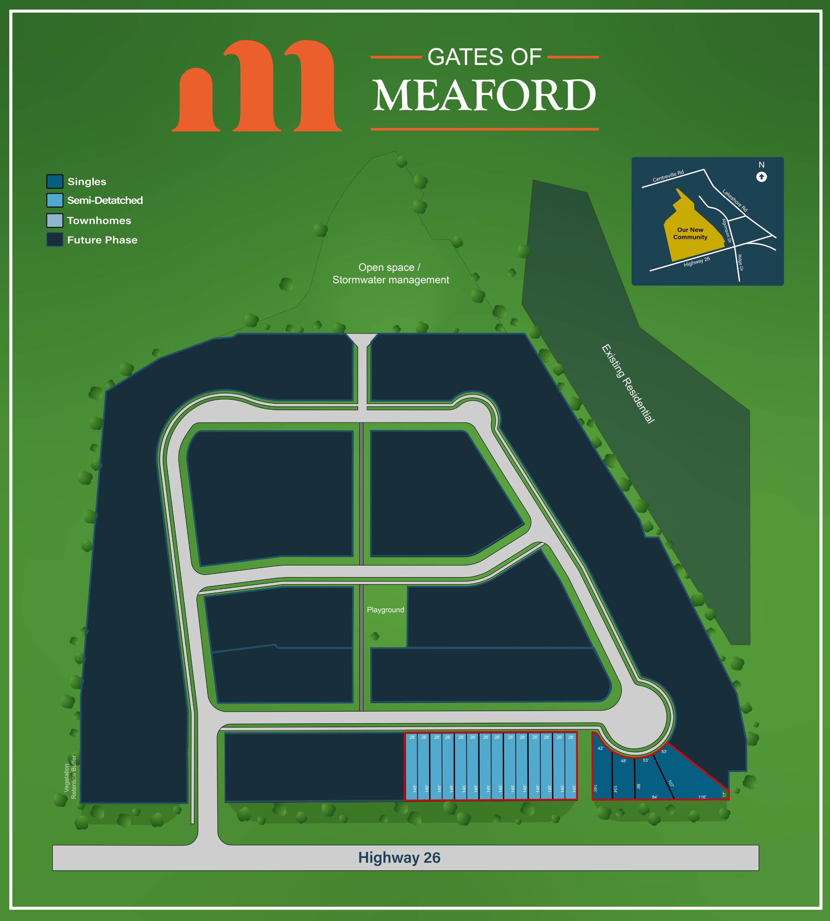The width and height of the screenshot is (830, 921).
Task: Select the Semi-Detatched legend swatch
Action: tap(55, 200)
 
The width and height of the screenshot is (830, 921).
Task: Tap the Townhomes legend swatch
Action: tap(55, 220)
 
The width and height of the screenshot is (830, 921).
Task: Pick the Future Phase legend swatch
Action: tap(55, 240)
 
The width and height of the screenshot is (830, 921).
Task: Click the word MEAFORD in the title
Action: tap(484, 96)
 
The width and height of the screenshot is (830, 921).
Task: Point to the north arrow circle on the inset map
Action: tap(761, 177)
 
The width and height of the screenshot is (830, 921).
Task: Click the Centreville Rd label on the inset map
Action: tap(668, 176)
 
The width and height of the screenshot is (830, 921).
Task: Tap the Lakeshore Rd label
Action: tap(735, 200)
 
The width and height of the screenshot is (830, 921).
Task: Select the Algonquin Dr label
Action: tap(726, 231)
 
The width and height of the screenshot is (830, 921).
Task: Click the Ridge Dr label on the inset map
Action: tap(740, 263)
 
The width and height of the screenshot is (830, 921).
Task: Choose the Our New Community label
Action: tap(690, 233)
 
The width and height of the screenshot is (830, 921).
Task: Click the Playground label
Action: tap(385, 610)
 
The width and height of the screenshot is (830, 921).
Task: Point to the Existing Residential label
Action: tap(628, 384)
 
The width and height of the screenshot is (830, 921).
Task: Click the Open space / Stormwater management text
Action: tap(390, 274)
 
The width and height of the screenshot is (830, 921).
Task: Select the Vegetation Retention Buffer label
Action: tap(70, 777)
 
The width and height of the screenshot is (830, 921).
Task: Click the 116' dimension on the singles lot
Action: tap(702, 797)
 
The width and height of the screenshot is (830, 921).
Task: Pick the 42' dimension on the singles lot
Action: tap(600, 748)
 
